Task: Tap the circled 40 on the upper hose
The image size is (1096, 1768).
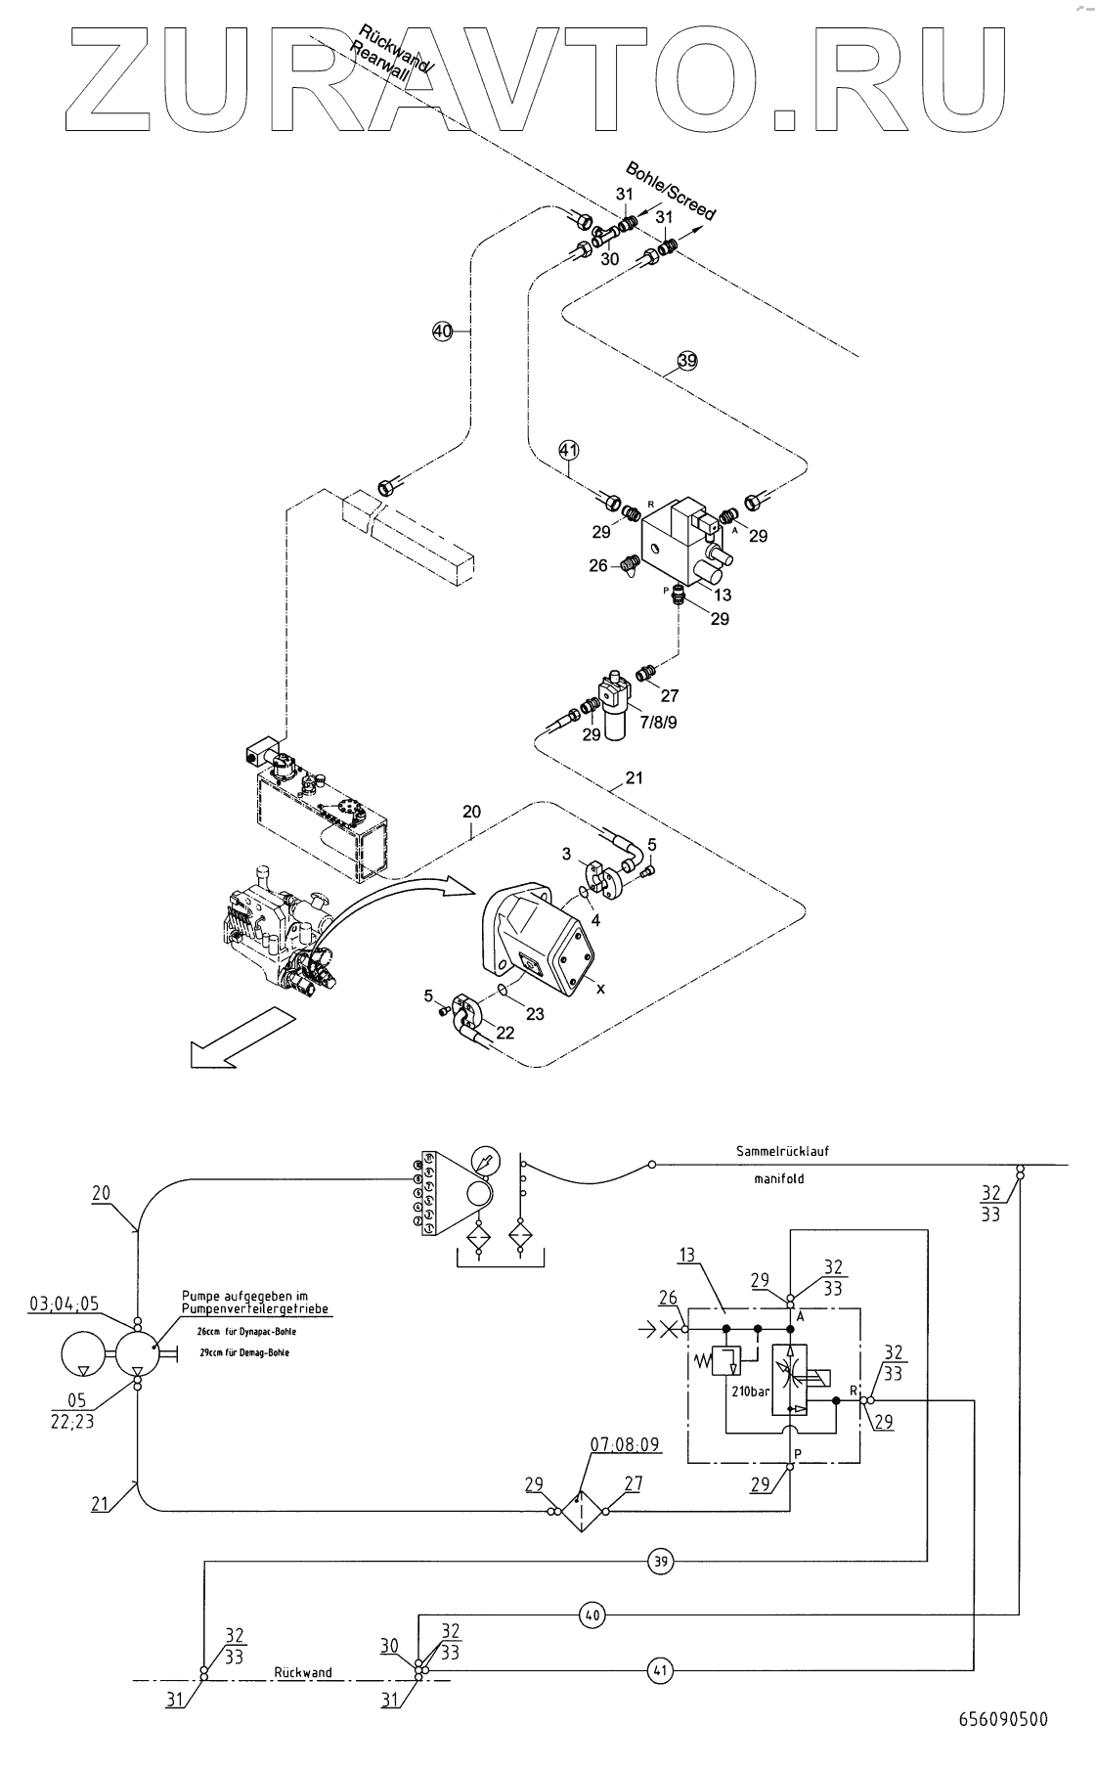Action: click(443, 332)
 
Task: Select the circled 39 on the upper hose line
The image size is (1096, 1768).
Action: click(687, 361)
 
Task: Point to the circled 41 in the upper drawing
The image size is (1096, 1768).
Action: click(569, 450)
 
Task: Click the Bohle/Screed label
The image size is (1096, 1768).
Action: click(671, 190)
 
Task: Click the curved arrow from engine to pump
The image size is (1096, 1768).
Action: click(391, 900)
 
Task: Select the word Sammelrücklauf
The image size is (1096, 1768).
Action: click(782, 1151)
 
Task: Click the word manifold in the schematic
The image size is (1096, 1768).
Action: click(778, 1178)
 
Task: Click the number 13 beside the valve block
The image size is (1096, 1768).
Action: click(723, 595)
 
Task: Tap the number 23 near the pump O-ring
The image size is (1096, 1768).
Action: click(535, 1014)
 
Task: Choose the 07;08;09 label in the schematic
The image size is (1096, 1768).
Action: click(625, 1443)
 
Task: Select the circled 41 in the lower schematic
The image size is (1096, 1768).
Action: click(661, 1670)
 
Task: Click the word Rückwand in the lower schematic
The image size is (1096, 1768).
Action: click(302, 1672)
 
